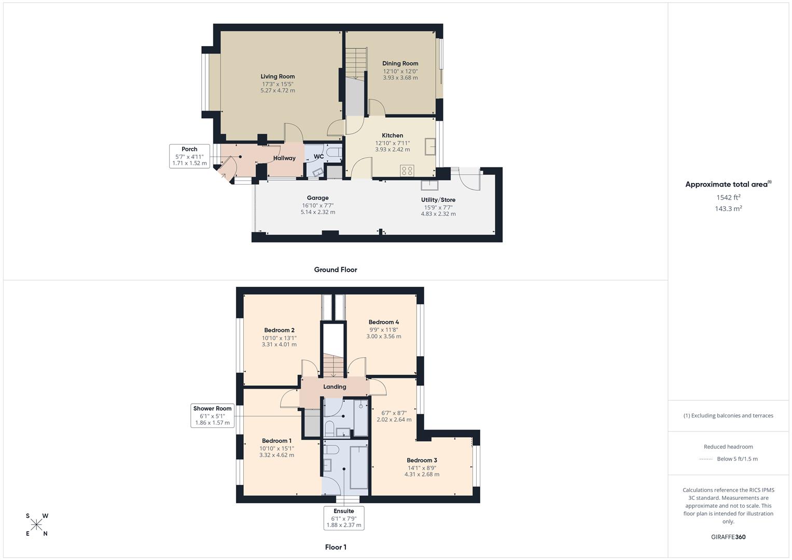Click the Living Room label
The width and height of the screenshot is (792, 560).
pos(277,77)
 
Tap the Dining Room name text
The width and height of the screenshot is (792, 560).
pos(400,64)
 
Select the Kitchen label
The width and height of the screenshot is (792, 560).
pos(392,136)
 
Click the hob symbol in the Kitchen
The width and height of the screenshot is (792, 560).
pos(407,170)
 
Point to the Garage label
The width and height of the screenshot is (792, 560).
pos(317,198)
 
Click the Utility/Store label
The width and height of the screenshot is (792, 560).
pos(438,200)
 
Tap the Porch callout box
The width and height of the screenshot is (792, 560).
pos(190,156)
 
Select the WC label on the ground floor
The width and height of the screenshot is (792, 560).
pos(318,157)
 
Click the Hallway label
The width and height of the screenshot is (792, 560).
pos(284,158)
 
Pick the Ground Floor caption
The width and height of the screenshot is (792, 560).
pos(336,270)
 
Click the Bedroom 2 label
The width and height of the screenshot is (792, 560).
pos(279,330)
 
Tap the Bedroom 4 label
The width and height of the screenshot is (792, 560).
pos(383,322)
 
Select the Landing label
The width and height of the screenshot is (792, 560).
pos(335,387)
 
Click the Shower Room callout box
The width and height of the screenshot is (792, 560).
pos(212,416)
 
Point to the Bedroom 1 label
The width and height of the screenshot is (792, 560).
pos(276,441)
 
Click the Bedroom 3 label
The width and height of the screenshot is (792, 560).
pos(422,460)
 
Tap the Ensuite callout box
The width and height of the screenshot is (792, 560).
pos(343,518)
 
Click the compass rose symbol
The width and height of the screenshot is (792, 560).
pos(36,525)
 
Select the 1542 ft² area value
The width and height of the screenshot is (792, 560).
pos(728,198)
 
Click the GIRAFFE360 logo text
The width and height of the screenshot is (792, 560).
pos(728,537)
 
